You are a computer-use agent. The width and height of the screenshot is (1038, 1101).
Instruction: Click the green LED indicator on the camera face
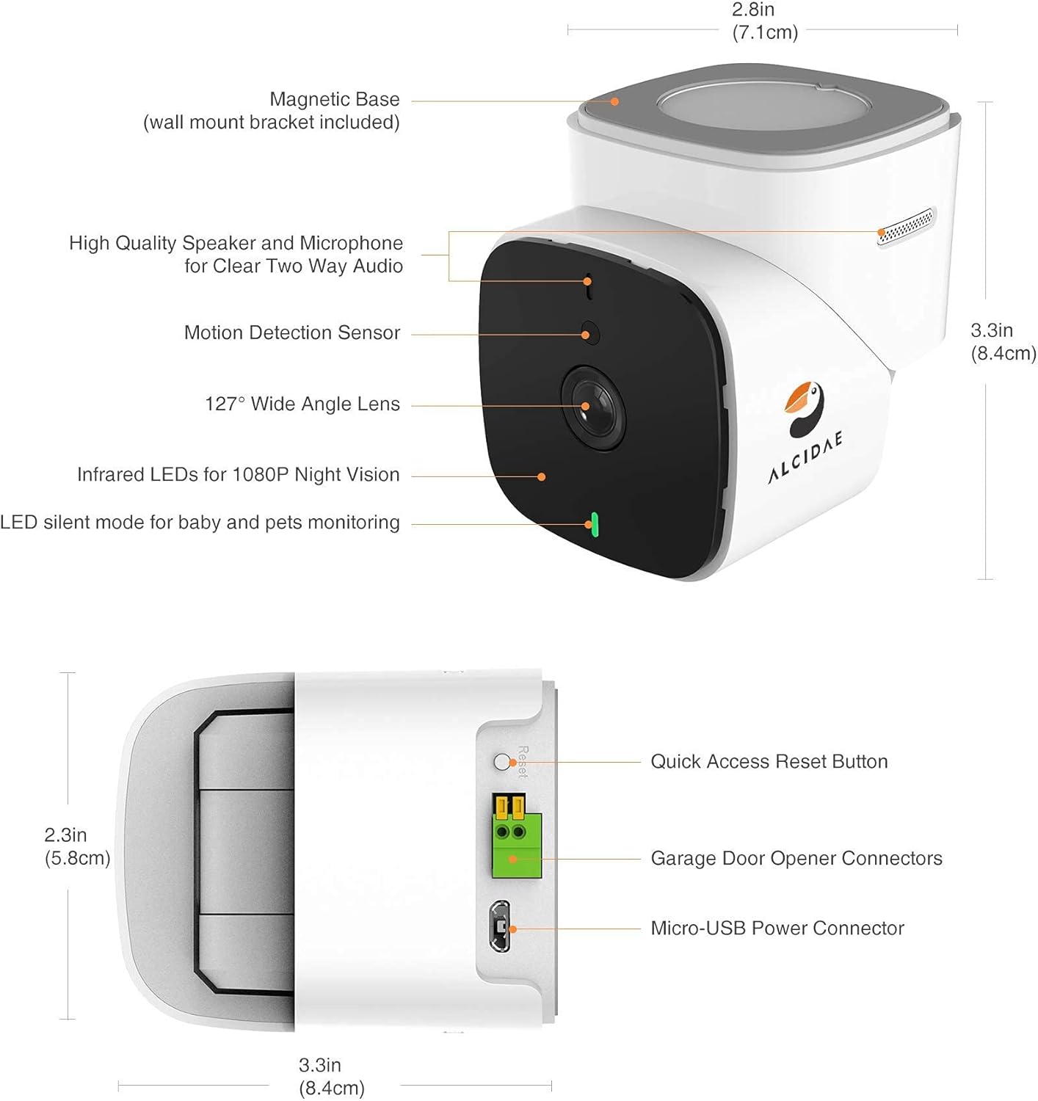[x=593, y=524]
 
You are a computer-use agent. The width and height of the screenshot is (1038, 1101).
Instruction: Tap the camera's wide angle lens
[x=592, y=406]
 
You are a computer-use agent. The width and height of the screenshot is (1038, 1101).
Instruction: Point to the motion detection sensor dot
[x=589, y=333]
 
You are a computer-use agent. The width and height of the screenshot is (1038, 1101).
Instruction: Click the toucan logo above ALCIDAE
[x=805, y=407]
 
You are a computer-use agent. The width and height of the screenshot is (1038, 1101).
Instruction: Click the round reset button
[x=502, y=761]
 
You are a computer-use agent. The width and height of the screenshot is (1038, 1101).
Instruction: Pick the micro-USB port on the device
[x=499, y=926]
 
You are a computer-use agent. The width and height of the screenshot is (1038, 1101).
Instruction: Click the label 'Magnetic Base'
[x=335, y=99]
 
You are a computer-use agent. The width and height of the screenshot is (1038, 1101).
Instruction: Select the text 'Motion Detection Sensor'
[x=292, y=333]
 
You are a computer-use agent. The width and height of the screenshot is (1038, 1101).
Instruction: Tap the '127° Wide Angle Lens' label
[x=302, y=404]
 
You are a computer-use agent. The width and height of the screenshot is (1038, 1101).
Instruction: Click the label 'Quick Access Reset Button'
[x=769, y=761]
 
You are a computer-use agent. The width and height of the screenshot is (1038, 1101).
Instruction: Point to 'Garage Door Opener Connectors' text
[x=796, y=858]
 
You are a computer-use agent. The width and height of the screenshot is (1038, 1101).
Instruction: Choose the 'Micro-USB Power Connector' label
[x=777, y=928]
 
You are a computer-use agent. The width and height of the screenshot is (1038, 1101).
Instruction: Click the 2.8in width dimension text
[x=754, y=10]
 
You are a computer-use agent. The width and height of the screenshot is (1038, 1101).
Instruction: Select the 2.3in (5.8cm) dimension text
[x=76, y=846]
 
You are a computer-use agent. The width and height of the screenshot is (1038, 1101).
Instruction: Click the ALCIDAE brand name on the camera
[x=805, y=457]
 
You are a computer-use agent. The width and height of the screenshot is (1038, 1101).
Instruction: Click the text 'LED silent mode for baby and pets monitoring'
[x=200, y=523]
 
